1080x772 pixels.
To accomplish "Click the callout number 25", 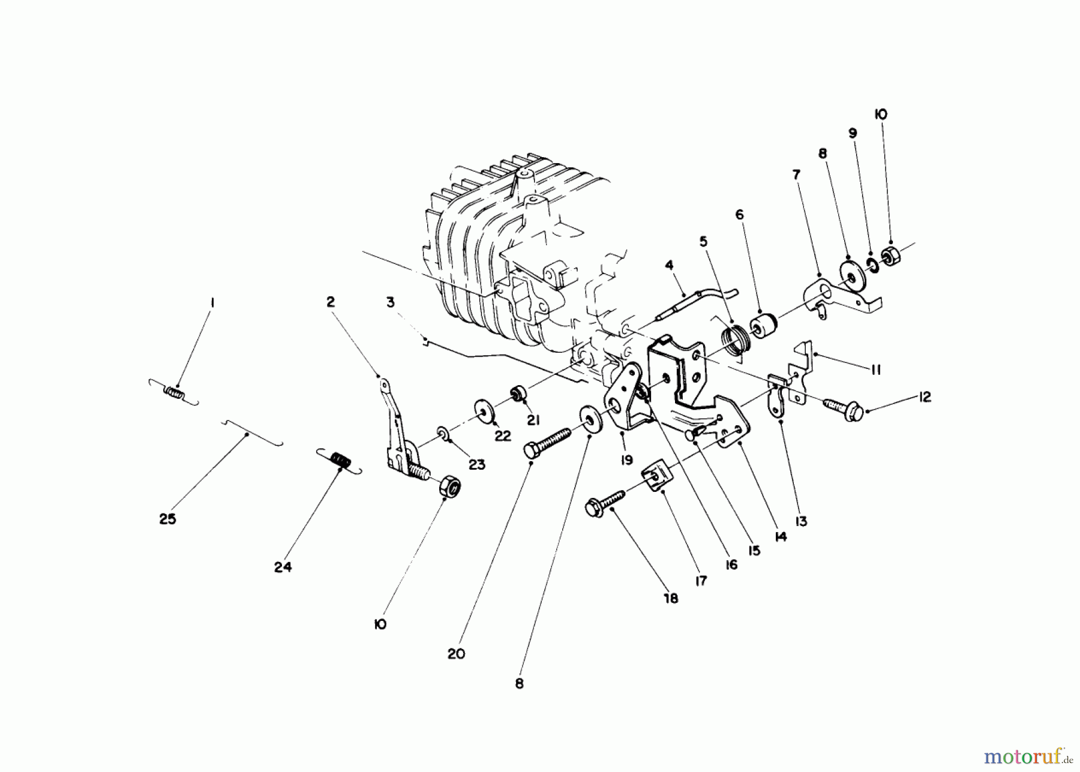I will click(167, 519).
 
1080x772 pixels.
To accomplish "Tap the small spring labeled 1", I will click(174, 393).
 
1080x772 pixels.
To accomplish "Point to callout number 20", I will click(456, 653).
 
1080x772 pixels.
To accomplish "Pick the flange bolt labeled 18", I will click(605, 503).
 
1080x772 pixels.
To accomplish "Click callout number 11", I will click(875, 370).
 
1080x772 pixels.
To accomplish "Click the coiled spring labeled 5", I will click(734, 340).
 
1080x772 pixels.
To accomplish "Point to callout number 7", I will click(796, 175).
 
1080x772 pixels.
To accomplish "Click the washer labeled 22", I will click(484, 410).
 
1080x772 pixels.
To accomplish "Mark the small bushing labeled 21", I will click(517, 395).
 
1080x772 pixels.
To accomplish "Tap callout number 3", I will click(391, 302).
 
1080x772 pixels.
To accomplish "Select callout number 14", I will click(780, 537).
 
